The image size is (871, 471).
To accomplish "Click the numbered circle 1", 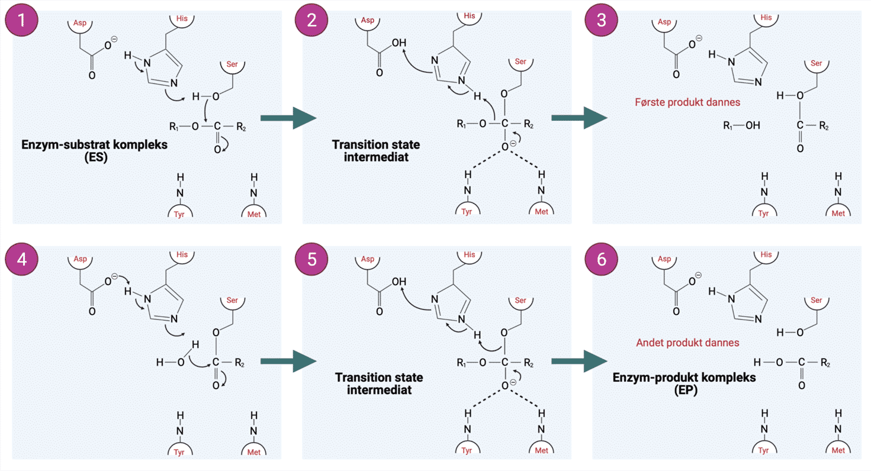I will pos(22,21).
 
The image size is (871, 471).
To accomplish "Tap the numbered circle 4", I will pos(22,261).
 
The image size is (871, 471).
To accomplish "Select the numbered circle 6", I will pos(602,261).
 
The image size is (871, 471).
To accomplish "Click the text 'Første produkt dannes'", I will pos(687,102).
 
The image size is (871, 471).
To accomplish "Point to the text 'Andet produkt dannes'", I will pos(687,343).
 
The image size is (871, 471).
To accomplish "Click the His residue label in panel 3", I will pos(766,18).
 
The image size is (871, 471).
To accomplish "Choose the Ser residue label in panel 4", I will pos(232,301).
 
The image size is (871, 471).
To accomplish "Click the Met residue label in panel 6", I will pos(838,451).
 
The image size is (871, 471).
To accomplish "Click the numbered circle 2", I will pos(312,21).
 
